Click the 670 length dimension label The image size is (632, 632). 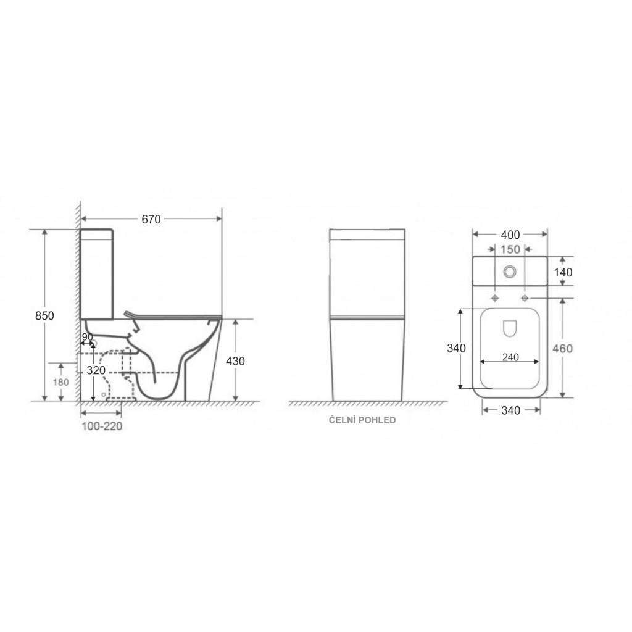click(x=151, y=219)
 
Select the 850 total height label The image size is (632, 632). click(x=44, y=315)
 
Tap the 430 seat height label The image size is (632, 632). click(x=235, y=361)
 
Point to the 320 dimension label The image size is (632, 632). click(x=96, y=370)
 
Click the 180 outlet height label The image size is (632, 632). click(x=61, y=382)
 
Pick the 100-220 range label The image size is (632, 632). click(x=102, y=426)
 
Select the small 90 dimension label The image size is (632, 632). click(x=88, y=337)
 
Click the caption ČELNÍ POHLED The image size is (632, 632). click(x=362, y=420)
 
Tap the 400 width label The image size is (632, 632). click(x=510, y=235)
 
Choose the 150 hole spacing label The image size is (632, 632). click(x=510, y=249)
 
